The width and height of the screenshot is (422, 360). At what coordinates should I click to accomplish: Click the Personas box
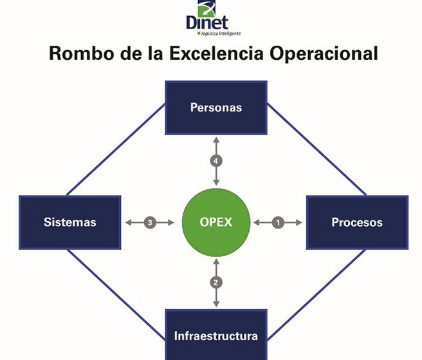point(216,108)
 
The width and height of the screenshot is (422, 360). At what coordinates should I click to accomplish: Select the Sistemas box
point(70,223)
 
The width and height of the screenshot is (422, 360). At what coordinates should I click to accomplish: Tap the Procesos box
point(358,223)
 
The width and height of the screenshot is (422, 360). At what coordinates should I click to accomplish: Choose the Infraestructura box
point(216,335)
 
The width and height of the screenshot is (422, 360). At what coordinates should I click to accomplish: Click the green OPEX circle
point(216,223)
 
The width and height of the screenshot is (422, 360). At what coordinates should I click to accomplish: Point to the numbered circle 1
point(278,223)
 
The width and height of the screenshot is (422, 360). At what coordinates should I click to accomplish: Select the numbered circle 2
point(216,283)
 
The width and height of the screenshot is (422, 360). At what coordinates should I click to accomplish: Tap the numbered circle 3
point(150,223)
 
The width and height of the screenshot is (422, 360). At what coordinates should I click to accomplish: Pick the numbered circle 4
point(216,161)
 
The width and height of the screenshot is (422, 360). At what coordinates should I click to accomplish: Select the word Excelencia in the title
point(216,53)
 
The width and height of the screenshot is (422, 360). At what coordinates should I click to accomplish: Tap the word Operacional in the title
point(324,53)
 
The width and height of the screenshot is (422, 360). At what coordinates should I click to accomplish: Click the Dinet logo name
point(207,23)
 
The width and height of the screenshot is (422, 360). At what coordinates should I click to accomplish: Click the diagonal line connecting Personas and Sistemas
point(116,149)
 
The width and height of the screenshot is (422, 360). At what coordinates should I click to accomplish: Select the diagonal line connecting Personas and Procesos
point(316,149)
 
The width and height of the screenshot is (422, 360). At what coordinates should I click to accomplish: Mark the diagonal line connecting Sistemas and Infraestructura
point(116,294)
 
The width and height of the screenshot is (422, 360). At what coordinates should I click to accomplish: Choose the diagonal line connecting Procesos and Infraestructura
point(316,294)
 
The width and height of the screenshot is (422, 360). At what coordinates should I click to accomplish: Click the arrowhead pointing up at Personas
point(216,140)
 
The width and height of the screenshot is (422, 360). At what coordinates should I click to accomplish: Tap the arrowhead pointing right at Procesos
point(299,223)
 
